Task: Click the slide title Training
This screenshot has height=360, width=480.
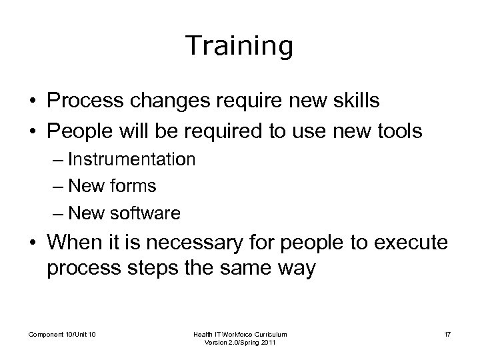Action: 239,47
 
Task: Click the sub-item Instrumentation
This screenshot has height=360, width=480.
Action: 131,159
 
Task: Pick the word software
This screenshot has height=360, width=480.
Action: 147,213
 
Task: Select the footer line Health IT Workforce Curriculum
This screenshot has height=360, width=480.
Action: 240,333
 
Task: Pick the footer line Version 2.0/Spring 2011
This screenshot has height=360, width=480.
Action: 240,343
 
